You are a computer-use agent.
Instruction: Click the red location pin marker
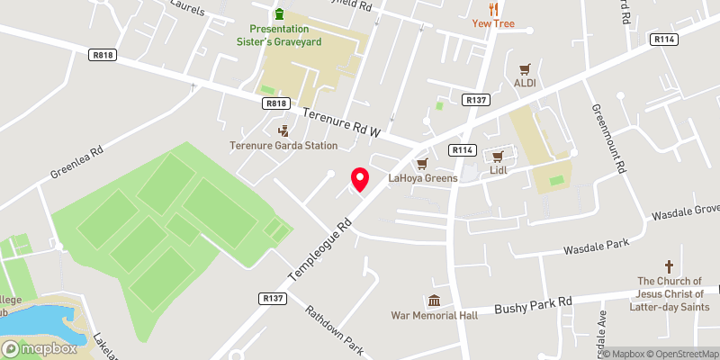(360, 179)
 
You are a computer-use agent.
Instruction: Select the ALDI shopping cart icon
(525, 68)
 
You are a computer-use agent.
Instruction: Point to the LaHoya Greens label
(423, 178)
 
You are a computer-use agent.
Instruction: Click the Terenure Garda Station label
(283, 145)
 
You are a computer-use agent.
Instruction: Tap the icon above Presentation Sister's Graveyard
(279, 13)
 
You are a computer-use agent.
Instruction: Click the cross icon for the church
(669, 266)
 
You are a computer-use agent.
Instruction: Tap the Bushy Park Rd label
(534, 308)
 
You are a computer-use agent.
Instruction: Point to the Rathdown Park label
(332, 329)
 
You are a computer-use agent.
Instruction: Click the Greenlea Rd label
(78, 158)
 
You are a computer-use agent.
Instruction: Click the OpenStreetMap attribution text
(681, 354)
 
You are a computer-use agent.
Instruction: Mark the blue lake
(31, 320)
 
